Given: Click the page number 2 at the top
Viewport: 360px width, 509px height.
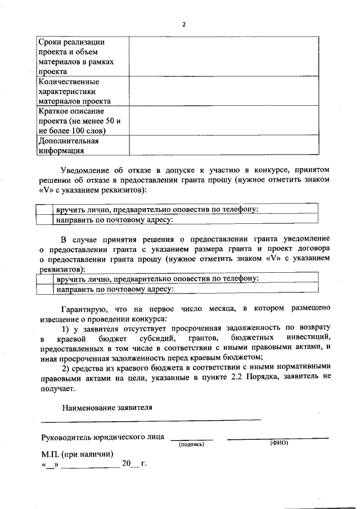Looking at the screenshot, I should pos(184,24).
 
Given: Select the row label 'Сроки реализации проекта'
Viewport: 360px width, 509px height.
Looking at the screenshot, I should pos(74,47).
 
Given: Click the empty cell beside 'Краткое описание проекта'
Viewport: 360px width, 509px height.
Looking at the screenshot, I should pos(224,121).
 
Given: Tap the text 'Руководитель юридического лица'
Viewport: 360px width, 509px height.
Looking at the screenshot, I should pos(103,436).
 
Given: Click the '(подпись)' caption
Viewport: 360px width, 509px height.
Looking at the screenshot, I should pos(191,444).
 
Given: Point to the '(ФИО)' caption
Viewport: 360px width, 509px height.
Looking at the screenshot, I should pos(278,443).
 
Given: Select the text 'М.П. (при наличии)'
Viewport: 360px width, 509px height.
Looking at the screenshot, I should pos(77,454).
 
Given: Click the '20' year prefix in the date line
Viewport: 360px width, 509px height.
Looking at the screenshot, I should pos(126,464).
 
